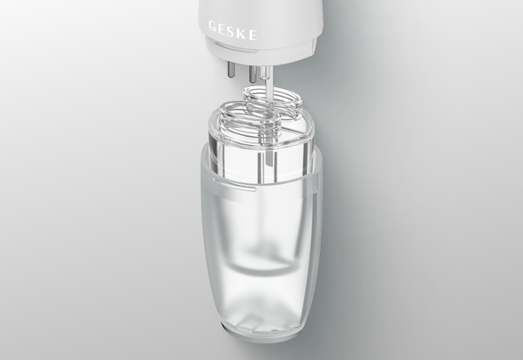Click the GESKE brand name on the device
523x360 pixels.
(233, 30)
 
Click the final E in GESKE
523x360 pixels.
(253, 35)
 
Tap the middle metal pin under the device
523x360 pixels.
(253, 73)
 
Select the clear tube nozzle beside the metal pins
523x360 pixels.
(264, 73)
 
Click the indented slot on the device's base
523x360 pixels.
(236, 47)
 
